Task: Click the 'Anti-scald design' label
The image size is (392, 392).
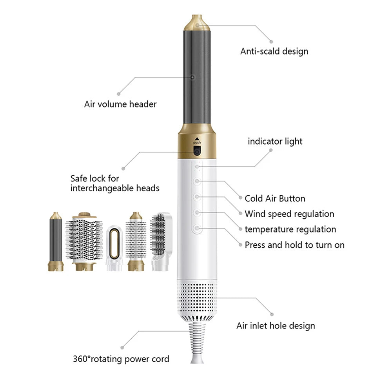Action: point(274,51)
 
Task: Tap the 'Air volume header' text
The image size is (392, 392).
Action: point(120,104)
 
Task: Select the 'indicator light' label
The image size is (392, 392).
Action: point(275,142)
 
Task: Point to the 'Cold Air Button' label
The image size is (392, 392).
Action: point(275,198)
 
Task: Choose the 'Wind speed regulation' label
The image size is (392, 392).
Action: point(289,214)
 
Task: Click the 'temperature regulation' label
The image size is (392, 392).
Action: point(290,229)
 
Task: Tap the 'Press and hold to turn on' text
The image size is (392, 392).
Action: point(294,245)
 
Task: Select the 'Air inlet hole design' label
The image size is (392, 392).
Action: point(276,326)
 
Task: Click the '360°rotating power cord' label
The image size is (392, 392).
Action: point(121,359)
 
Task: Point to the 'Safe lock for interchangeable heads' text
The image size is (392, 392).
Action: point(115,183)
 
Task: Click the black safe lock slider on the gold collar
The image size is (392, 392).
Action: point(197,151)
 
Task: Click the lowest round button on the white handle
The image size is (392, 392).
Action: point(197,228)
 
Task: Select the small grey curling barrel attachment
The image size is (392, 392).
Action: point(56,241)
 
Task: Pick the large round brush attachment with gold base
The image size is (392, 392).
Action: point(84,241)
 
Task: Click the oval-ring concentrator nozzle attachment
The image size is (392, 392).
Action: point(114,248)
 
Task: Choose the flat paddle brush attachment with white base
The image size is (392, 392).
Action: point(161,241)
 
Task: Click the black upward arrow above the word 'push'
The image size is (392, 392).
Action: point(197,139)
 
